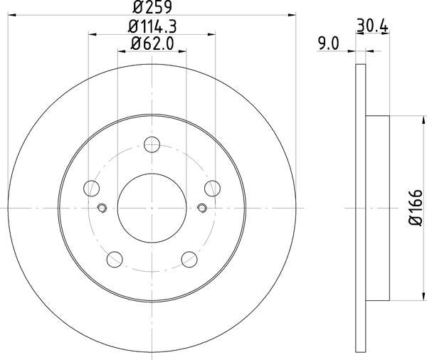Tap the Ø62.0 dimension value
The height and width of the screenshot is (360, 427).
[151, 45]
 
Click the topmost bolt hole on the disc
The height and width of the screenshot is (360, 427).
[152, 145]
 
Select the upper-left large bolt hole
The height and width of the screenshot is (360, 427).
[91, 189]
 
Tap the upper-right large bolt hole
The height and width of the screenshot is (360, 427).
[211, 189]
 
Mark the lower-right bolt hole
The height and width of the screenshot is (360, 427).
[189, 259]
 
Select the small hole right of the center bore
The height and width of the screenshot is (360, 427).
[202, 208]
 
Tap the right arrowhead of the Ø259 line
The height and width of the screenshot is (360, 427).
[290, 14]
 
